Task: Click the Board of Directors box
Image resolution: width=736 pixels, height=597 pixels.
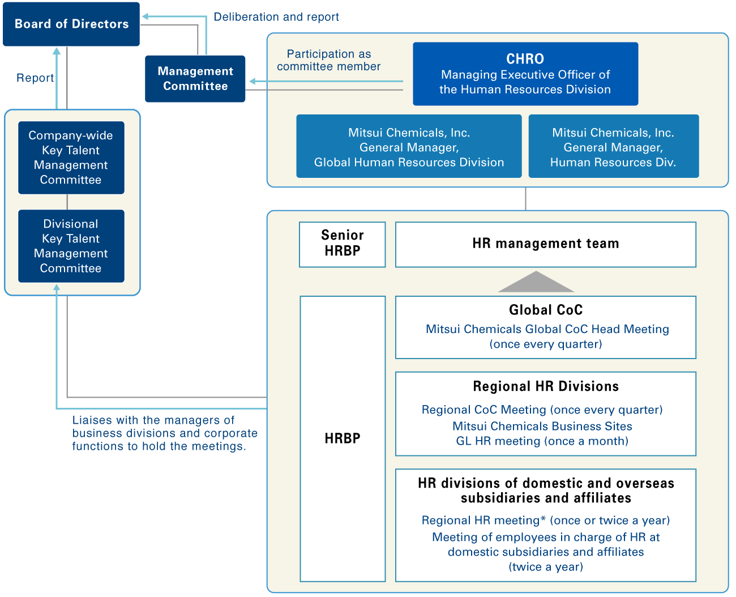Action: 71,24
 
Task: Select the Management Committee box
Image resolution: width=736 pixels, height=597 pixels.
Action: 195,79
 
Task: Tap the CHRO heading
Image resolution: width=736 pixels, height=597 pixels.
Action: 525,59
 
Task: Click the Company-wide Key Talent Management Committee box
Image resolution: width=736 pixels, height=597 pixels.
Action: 71,157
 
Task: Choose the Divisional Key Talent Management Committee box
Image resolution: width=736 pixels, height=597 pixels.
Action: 71,246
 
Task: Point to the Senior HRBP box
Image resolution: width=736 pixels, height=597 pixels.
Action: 343,244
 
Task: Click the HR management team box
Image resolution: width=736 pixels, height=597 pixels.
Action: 545,244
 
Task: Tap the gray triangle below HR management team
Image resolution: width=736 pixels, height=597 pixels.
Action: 536,283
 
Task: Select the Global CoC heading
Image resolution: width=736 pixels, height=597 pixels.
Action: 545,310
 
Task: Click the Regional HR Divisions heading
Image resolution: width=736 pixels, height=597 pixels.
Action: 545,386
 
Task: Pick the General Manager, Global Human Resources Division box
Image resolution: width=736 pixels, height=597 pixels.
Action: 409,147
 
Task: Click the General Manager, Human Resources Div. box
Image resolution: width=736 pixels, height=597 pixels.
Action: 613,147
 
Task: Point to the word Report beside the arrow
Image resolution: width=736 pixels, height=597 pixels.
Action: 35,78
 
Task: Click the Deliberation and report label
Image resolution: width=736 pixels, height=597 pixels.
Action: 276,17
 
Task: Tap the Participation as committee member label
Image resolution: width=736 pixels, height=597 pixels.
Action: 328,60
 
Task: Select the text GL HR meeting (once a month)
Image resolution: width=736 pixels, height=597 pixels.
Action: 542,441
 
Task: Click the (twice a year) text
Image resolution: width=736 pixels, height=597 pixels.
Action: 545,567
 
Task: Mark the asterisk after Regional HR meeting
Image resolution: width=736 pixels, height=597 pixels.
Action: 544,519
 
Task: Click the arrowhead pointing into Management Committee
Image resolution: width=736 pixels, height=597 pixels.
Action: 253,82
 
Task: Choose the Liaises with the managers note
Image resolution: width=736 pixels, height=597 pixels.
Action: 164,433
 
